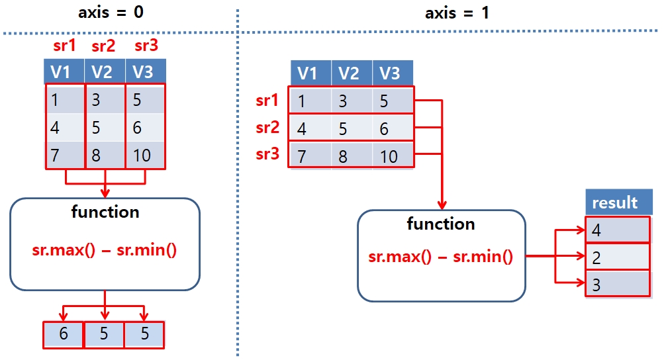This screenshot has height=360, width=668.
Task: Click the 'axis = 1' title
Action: (457, 12)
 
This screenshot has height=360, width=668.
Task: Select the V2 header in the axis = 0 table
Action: (105, 71)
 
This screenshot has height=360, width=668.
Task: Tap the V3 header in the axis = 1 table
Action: (392, 73)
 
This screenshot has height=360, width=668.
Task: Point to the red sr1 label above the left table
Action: (64, 46)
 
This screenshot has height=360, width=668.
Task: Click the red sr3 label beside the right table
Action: (268, 154)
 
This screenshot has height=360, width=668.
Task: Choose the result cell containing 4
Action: (618, 230)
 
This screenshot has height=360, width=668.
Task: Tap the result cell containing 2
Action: (618, 257)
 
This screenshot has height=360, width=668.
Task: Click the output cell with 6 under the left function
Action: (64, 334)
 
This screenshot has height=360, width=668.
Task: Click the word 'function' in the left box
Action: (105, 212)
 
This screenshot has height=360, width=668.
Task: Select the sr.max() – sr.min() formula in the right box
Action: (441, 256)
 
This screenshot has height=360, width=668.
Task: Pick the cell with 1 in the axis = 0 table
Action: (65, 99)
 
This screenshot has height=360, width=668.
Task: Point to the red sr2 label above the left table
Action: (103, 46)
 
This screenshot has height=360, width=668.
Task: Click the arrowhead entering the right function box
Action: (442, 205)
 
